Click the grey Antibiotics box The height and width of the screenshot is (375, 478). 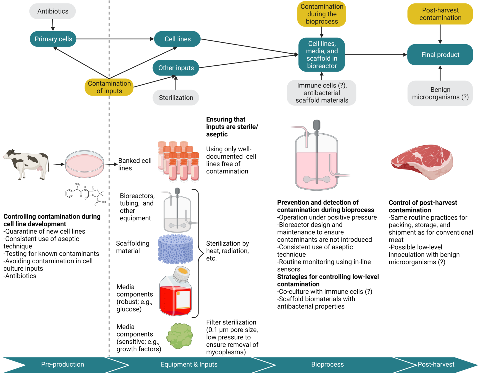53,11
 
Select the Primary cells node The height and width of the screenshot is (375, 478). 53,39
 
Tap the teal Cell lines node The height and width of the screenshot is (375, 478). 177,39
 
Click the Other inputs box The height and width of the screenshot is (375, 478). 176,68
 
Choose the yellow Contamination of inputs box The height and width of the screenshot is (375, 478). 109,87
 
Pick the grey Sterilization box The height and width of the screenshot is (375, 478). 176,98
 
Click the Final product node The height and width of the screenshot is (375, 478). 440,55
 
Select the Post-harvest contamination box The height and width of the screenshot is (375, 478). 440,14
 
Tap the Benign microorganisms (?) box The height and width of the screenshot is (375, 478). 440,93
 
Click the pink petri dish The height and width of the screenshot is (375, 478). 85,164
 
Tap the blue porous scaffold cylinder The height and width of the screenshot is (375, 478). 176,249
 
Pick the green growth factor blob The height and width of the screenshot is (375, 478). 180,336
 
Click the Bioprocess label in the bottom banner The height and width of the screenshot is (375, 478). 327,364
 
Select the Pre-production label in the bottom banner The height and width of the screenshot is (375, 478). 62,364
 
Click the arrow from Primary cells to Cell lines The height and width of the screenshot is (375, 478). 114,39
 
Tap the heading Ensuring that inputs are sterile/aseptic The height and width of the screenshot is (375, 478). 231,127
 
